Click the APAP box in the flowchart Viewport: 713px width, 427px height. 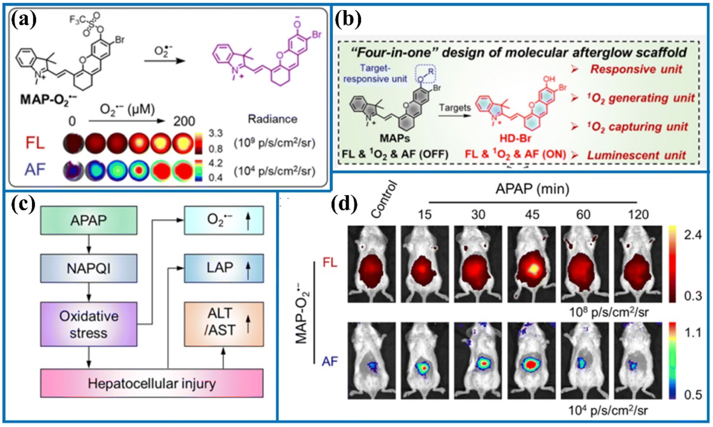[88, 220]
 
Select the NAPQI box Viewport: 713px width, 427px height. [88, 268]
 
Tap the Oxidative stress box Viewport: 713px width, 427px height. [88, 324]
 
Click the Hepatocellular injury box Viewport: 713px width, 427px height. [152, 384]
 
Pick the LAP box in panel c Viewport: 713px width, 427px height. [224, 268]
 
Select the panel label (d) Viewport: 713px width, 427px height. [344, 204]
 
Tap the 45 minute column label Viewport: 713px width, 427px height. [532, 214]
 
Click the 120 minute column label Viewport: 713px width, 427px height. [638, 214]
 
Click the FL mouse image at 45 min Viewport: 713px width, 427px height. [531, 264]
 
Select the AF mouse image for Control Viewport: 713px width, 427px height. [372, 360]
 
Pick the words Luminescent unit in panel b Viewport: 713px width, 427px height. [636, 155]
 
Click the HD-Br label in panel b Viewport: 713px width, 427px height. [515, 138]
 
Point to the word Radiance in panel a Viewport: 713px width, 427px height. [272, 119]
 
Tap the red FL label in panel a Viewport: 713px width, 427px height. [35, 143]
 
